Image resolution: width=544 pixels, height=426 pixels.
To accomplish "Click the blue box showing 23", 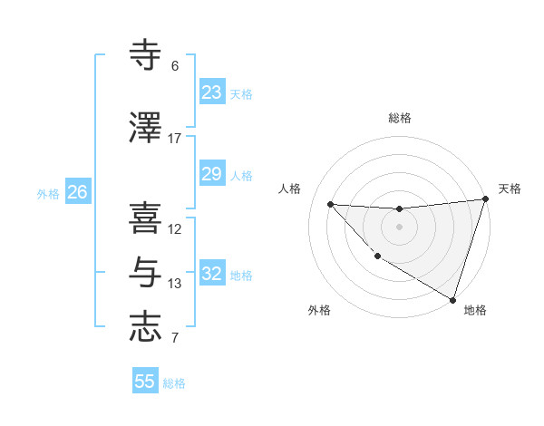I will point(212,92).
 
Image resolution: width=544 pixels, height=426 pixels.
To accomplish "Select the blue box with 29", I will point(212,174).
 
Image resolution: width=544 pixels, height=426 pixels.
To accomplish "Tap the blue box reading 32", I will point(212,274).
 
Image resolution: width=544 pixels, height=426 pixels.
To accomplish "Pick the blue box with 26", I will point(78,192).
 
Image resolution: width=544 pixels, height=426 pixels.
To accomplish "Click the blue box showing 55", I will point(145,382).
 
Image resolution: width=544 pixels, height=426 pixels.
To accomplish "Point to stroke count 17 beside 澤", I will point(175,139).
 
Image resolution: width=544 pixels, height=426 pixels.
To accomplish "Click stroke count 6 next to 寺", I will point(175,66).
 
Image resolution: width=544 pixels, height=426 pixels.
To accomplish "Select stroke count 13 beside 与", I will point(175,284).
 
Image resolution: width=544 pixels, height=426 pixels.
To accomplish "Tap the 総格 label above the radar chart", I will point(400,118).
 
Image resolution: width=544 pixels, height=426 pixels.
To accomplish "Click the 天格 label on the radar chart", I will point(510,189).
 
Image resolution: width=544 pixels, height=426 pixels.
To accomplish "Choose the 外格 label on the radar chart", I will point(319,310).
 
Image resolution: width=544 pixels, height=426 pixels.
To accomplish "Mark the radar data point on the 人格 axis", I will point(330,204).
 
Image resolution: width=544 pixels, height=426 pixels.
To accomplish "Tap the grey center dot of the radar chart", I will point(399,227).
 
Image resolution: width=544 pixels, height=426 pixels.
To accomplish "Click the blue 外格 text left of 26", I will point(48,193).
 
